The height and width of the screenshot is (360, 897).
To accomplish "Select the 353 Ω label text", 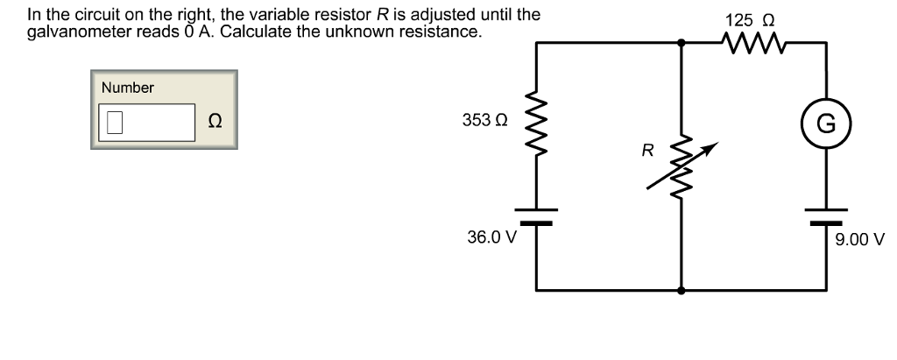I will [484, 120].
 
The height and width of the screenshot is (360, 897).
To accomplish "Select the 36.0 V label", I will [493, 236].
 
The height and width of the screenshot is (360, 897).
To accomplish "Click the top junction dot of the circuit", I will [682, 40].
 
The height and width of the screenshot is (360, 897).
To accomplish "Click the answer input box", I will [145, 122].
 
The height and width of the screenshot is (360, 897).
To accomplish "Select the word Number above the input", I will [127, 88].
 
